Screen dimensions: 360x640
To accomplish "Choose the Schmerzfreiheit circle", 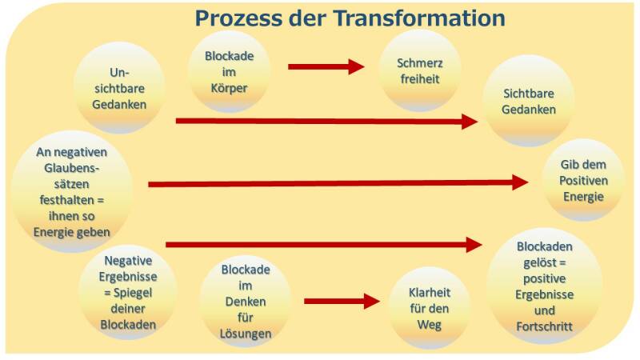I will (420, 70).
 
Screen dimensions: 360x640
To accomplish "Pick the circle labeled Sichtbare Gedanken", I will (529, 102).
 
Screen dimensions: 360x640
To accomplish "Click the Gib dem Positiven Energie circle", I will (582, 181).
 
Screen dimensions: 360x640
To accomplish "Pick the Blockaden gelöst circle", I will (544, 287).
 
